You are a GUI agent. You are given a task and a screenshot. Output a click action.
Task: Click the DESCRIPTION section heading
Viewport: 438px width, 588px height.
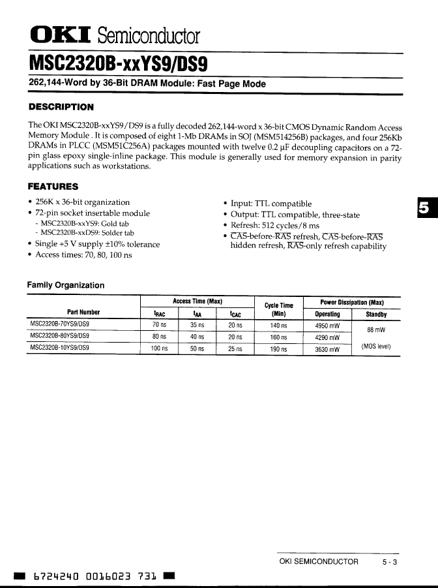pyautogui.click(x=61, y=107)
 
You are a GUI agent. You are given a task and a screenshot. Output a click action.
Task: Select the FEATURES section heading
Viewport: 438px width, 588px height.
pyautogui.click(x=53, y=187)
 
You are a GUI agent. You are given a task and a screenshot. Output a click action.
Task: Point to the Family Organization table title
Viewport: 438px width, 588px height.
pyautogui.click(x=65, y=285)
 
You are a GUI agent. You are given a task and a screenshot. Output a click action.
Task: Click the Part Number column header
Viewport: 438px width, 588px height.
pyautogui.click(x=83, y=312)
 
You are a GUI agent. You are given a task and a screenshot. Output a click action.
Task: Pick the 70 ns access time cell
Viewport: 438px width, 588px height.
pyautogui.click(x=160, y=325)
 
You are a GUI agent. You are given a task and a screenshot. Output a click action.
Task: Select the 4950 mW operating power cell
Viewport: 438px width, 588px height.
pyautogui.click(x=327, y=325)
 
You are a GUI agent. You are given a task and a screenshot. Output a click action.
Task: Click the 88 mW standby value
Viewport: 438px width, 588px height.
pyautogui.click(x=376, y=330)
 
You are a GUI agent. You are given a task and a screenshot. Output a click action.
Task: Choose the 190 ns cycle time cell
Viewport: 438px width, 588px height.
pyautogui.click(x=279, y=349)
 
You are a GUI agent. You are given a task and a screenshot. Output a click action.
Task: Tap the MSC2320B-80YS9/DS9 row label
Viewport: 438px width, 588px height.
pyautogui.click(x=60, y=336)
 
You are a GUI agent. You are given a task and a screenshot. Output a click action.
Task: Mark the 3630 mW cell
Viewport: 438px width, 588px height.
pyautogui.click(x=327, y=349)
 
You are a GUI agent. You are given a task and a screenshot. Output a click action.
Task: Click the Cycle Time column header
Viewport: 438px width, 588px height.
pyautogui.click(x=279, y=309)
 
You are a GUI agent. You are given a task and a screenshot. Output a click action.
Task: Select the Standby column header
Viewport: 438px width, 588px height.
pyautogui.click(x=376, y=314)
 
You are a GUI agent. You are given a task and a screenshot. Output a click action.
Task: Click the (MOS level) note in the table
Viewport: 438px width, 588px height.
pyautogui.click(x=376, y=347)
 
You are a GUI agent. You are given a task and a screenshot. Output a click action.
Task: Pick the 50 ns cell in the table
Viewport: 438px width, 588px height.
pyautogui.click(x=197, y=349)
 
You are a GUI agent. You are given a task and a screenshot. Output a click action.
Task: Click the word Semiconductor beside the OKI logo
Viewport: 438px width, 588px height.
pyautogui.click(x=154, y=36)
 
